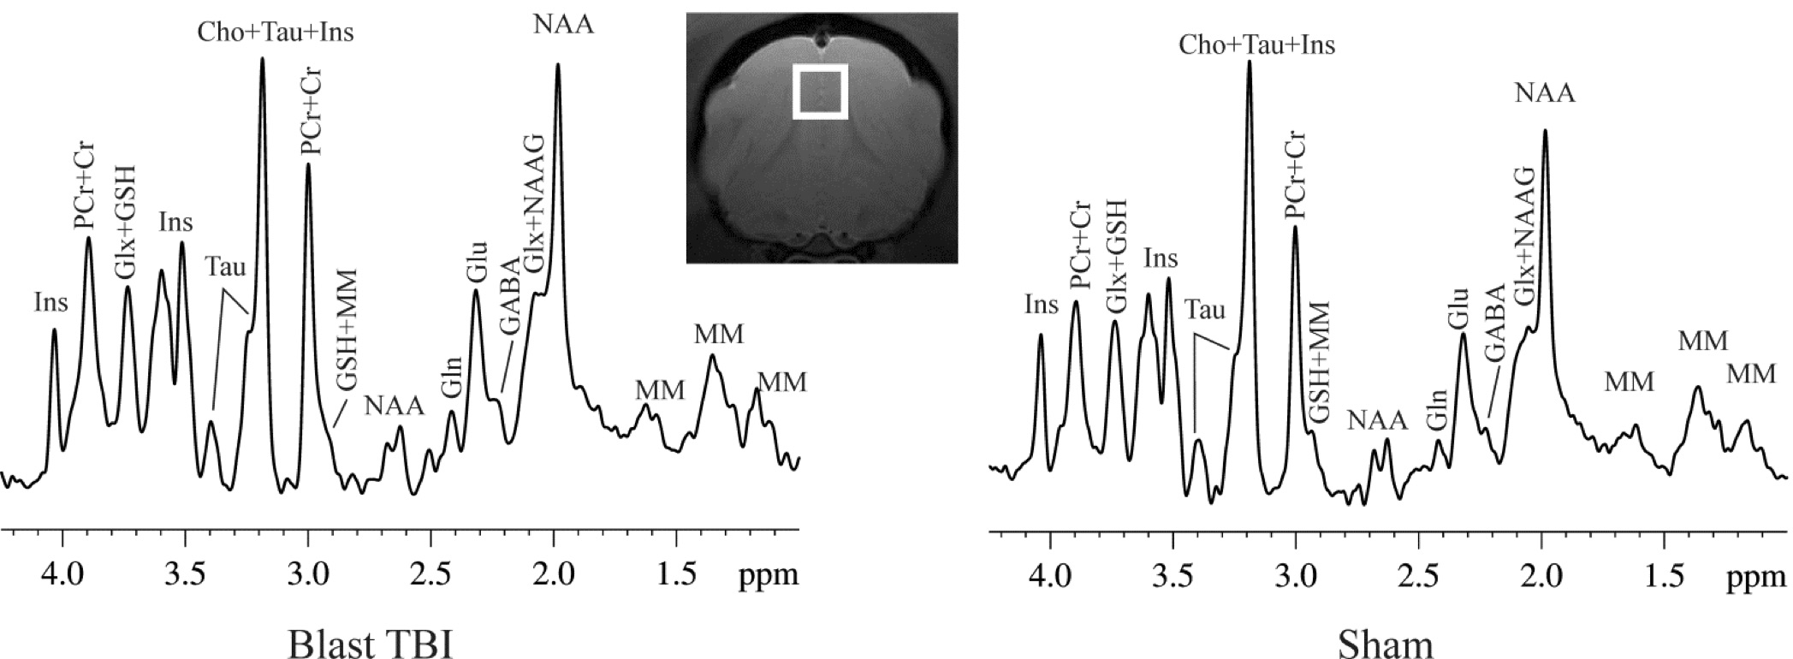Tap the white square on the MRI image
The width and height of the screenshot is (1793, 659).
819,90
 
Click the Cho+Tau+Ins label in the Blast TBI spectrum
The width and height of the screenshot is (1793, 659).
276,33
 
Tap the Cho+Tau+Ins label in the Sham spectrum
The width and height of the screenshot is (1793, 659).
1256,45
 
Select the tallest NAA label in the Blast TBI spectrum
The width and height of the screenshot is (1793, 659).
563,24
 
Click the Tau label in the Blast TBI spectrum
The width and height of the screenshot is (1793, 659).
226,267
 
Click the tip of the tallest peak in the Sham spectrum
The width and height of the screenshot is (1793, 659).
1249,61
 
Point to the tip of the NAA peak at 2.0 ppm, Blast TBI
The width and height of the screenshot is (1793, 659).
558,64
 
